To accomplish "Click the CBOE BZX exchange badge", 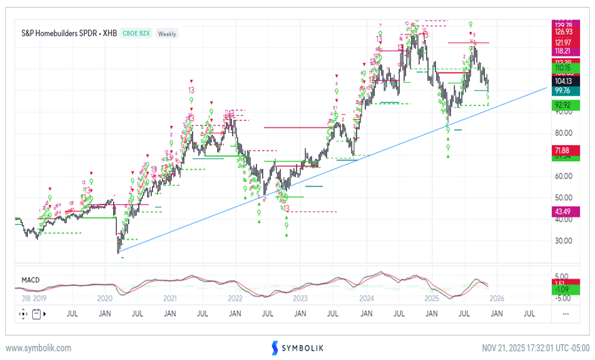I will (136, 33).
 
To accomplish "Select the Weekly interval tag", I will (167, 33).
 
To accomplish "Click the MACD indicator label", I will (30, 280).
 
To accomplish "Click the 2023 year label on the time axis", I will (300, 298).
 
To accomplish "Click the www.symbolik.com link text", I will (38, 348).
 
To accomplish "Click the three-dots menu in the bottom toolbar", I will (565, 314).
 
